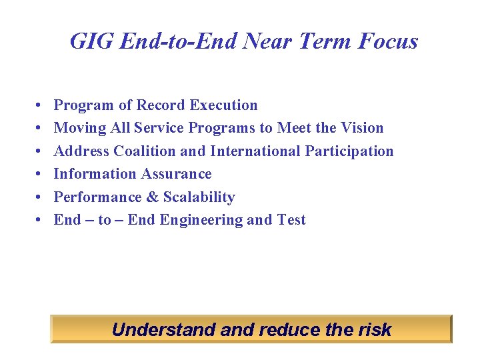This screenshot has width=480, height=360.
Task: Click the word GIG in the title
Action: tap(87, 41)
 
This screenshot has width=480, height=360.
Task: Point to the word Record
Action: tap(161, 105)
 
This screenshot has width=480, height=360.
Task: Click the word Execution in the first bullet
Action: tap(223, 105)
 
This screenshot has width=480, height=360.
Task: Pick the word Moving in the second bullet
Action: tap(75, 128)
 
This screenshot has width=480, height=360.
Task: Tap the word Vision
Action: tap(361, 128)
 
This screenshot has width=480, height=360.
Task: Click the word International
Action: tap(255, 151)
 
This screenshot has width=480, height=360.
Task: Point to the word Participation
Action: tap(349, 151)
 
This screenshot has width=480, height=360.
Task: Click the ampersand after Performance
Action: tap(153, 197)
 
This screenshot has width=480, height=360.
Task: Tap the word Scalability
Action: tap(199, 197)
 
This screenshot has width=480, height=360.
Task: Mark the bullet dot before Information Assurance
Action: tap(34, 175)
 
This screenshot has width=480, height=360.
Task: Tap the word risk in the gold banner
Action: tap(375, 329)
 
